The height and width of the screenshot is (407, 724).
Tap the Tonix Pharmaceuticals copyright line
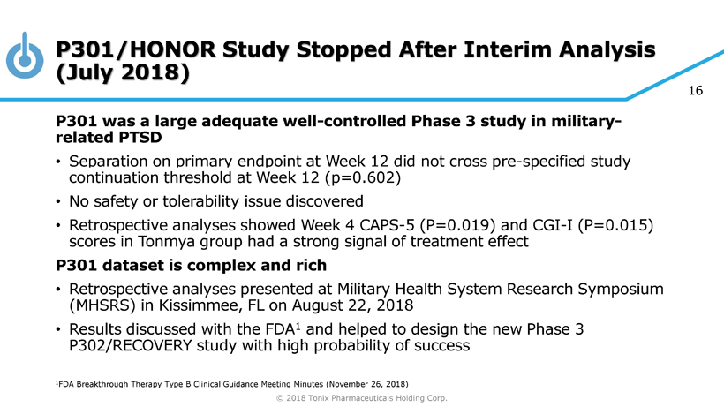(x=362, y=398)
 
